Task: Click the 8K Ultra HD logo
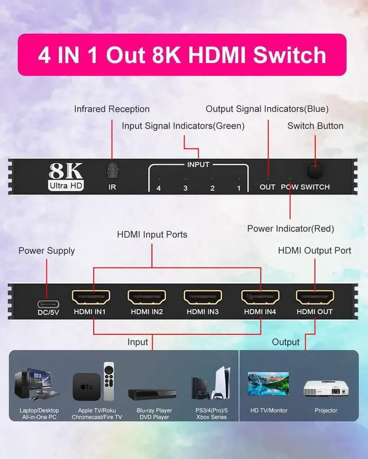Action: [66, 176]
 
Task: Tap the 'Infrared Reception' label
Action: [112, 109]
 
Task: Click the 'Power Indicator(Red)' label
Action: [290, 229]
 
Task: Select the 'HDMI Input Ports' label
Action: [152, 235]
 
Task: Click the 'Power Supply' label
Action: [47, 251]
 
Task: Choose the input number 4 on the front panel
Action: [159, 188]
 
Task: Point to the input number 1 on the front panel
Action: [239, 188]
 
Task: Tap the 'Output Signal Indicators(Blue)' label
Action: [267, 109]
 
